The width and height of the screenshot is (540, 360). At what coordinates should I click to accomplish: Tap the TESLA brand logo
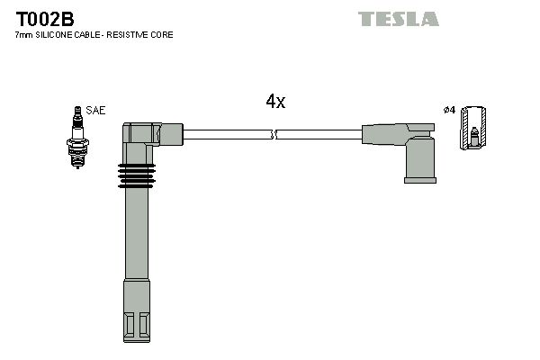(399, 18)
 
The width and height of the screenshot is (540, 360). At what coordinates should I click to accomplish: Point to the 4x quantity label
(275, 102)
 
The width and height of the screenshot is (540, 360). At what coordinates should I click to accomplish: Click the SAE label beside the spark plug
(95, 111)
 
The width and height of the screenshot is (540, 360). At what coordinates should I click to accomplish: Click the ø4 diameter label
(448, 111)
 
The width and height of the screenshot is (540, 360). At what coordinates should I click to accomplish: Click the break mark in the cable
(274, 135)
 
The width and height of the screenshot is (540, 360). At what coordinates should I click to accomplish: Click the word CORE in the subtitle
(161, 34)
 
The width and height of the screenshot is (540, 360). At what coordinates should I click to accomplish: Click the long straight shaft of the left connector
(135, 243)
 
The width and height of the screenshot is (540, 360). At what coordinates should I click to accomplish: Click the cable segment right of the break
(319, 135)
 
